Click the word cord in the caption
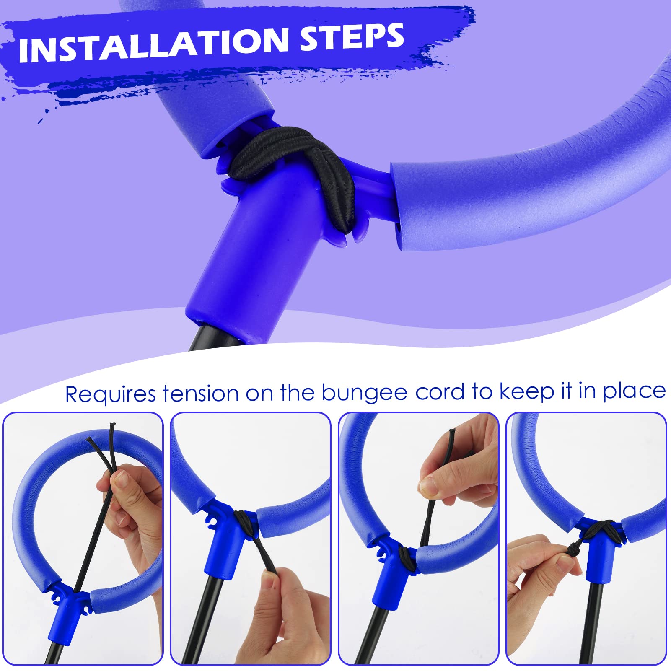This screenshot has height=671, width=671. coord(440,392)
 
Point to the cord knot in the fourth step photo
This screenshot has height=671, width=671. coord(574,548)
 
